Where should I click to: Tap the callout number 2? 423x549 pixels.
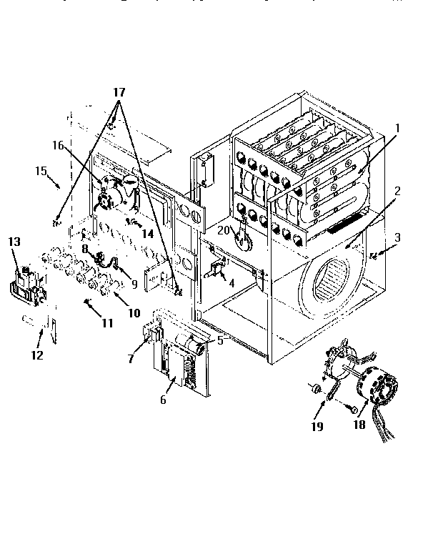click(397, 192)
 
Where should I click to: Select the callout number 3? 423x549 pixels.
click(398, 237)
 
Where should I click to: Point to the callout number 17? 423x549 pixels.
click(119, 93)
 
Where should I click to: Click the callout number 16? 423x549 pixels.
click(58, 145)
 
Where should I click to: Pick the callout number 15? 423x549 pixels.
click(40, 170)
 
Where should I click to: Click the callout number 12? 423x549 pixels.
click(36, 355)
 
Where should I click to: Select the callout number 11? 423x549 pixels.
click(107, 323)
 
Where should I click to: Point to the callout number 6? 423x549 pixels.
click(163, 400)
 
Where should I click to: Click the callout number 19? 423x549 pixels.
click(317, 427)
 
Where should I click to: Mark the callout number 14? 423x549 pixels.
click(147, 232)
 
